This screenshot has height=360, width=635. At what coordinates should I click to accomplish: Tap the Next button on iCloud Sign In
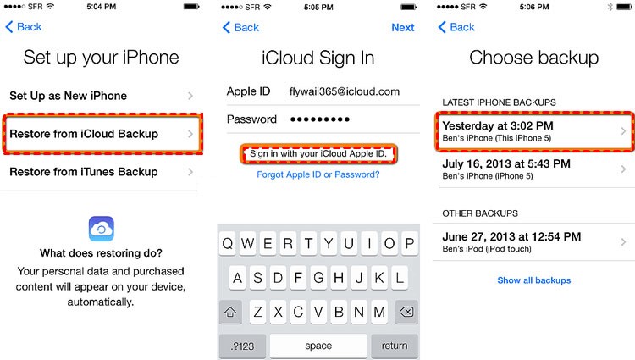[402, 27]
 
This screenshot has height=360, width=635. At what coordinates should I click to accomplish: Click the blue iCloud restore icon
[102, 228]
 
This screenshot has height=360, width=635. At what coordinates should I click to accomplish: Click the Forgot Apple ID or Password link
[318, 174]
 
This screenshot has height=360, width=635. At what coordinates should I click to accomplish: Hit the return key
[395, 346]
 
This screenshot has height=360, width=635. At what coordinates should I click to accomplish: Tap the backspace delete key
[405, 312]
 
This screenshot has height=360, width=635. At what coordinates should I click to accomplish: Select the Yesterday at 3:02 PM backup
[533, 131]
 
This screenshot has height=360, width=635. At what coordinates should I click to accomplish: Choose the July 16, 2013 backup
[533, 169]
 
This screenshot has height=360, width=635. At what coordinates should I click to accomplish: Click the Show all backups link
[533, 280]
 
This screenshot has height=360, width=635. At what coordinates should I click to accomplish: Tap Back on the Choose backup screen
[456, 27]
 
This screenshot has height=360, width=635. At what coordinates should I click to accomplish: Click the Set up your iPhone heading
[101, 58]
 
